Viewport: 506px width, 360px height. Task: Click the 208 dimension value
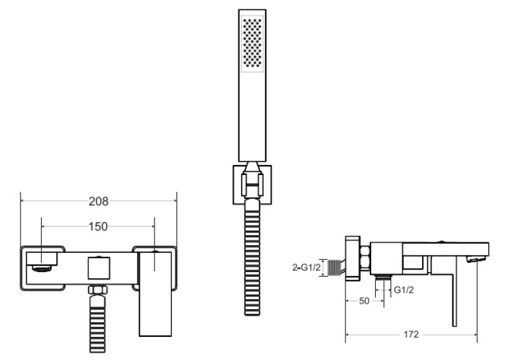(x=98, y=201)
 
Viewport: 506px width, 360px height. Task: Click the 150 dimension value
(x=98, y=227)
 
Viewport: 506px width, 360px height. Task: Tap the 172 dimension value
(x=411, y=334)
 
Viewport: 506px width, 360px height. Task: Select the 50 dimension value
(x=364, y=301)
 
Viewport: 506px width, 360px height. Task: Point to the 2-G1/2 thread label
(x=307, y=268)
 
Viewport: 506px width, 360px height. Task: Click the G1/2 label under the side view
(x=404, y=290)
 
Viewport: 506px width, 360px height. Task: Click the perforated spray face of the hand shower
(x=252, y=44)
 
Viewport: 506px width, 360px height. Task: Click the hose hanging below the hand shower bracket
(x=252, y=258)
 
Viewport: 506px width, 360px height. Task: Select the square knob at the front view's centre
(x=98, y=268)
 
